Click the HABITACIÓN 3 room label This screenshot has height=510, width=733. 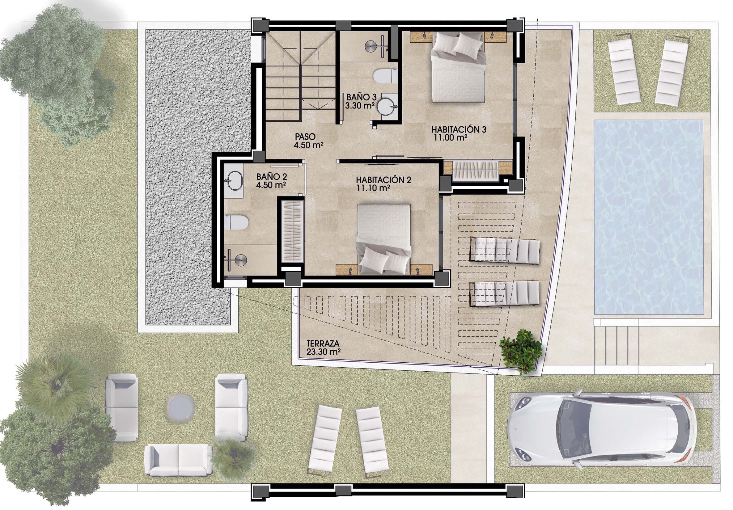[x=459, y=129]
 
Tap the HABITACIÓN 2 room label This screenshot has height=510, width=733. [x=383, y=180]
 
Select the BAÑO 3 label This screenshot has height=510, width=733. [x=361, y=97]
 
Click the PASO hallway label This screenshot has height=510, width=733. [x=305, y=137]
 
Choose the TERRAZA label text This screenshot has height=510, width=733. [x=322, y=344]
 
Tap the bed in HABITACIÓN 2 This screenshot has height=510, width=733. [x=383, y=239]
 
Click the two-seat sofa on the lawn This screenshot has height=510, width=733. [x=178, y=461]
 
